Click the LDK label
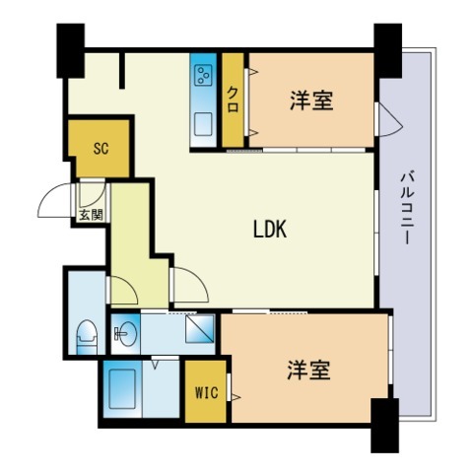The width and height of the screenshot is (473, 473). coord(269,230)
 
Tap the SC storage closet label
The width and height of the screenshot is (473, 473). coord(100,149)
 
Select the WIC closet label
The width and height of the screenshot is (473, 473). coord(206,393)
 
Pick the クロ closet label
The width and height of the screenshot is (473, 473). coord(233,101)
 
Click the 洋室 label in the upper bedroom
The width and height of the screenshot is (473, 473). coord(310,101)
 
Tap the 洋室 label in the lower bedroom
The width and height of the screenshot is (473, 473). coord(308,371)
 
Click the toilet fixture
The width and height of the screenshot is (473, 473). coord(87,334)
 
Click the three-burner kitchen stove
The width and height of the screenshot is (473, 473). coord(205,77)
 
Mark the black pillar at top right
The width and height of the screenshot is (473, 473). coord(387,49)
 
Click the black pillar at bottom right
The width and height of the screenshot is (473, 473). coord(382,425)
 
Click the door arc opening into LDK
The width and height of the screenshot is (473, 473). coord(188,286)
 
